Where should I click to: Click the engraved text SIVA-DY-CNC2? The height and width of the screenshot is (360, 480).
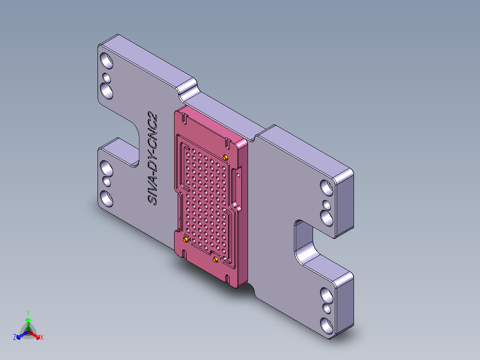153,158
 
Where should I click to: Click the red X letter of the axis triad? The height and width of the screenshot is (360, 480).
42,338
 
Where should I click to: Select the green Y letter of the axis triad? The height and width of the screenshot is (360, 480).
28,313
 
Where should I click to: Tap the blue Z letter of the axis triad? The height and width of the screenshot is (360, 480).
15,338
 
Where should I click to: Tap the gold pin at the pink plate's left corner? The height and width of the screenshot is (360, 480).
185,240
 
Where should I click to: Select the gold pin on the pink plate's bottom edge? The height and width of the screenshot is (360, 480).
216,259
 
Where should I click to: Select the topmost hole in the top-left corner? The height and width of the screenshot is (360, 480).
106,60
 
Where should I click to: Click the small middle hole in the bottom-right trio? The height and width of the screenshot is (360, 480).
327,308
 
